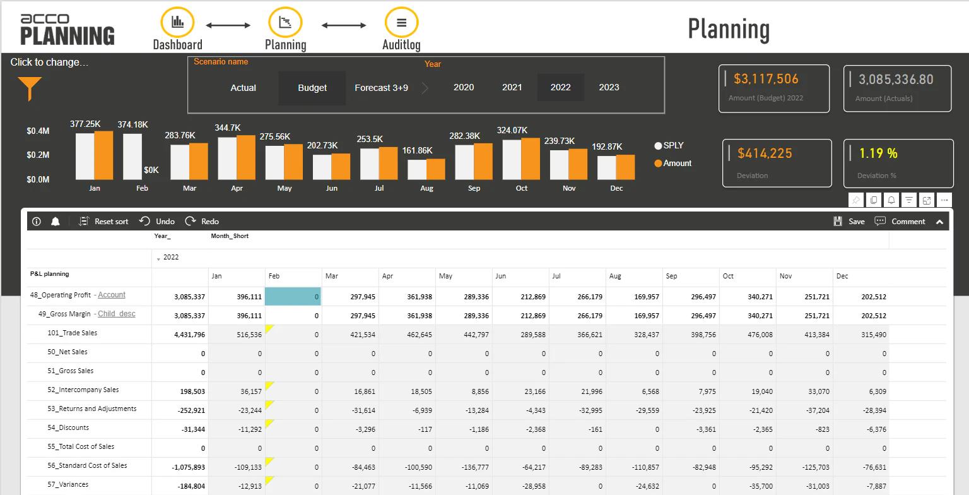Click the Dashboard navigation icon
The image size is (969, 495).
click(178, 23)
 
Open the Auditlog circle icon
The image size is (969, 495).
click(401, 23)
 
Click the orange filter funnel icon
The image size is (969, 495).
click(30, 88)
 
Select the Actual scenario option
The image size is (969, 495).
click(243, 88)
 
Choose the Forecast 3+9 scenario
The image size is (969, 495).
click(381, 88)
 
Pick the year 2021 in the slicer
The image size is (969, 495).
click(512, 87)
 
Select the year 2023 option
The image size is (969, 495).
click(609, 87)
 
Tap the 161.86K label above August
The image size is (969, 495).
click(417, 150)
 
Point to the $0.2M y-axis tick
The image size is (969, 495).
click(38, 155)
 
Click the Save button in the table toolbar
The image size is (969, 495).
click(849, 222)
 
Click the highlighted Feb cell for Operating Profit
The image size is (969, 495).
click(293, 297)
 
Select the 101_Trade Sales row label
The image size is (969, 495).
click(73, 333)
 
